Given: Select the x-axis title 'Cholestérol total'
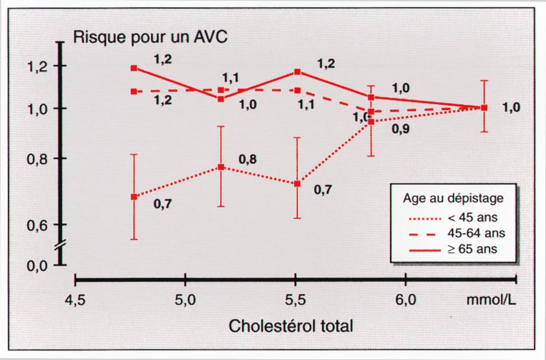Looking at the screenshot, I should (291, 326).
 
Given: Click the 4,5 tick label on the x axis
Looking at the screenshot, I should (76, 301).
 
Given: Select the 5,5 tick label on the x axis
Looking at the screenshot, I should (295, 301).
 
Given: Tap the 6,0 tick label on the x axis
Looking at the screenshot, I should (405, 301).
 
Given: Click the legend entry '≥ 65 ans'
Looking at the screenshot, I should (476, 248).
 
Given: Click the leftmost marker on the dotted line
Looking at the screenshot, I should (133, 197).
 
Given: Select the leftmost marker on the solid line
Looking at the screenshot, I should (133, 68).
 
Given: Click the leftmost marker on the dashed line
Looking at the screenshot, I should (133, 91).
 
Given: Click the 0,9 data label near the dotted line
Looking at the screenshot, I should (401, 128).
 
